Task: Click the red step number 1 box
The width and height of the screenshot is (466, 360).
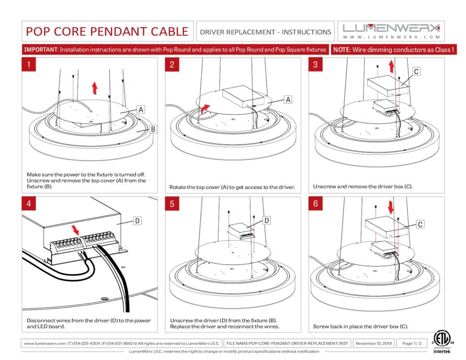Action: pyautogui.click(x=29, y=65)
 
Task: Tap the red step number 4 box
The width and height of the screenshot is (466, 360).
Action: pyautogui.click(x=29, y=203)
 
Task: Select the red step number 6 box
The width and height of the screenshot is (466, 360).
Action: pyautogui.click(x=315, y=203)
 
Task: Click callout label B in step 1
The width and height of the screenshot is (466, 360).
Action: pyautogui.click(x=153, y=129)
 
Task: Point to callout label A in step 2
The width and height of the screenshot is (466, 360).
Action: pyautogui.click(x=288, y=99)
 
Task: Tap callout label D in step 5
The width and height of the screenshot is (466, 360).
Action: pyautogui.click(x=267, y=220)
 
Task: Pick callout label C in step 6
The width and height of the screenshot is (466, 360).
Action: pyautogui.click(x=420, y=224)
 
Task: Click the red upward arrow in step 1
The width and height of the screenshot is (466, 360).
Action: pyautogui.click(x=94, y=87)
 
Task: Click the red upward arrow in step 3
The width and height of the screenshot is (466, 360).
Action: pyautogui.click(x=391, y=67)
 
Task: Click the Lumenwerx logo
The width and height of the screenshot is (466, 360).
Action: pyautogui.click(x=391, y=30)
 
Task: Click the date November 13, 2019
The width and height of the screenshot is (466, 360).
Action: pyautogui.click(x=373, y=343)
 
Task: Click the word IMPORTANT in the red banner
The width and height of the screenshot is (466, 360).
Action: pyautogui.click(x=41, y=50)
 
